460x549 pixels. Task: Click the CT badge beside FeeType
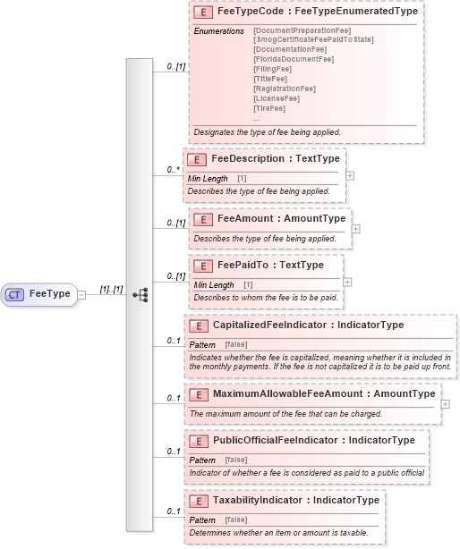tap(15, 293)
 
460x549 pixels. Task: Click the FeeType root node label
tap(49, 293)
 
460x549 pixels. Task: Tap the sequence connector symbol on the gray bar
tap(140, 293)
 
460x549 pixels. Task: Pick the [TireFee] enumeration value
tap(269, 108)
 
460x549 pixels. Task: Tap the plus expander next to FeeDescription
tap(350, 174)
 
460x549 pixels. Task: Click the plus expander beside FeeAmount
tap(356, 228)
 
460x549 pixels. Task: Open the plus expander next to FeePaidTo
tap(347, 281)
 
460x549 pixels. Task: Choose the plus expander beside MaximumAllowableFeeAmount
tap(446, 404)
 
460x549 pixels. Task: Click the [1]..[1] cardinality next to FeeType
tap(110, 288)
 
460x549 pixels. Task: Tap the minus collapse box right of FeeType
tap(81, 293)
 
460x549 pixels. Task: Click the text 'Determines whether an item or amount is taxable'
tap(278, 533)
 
